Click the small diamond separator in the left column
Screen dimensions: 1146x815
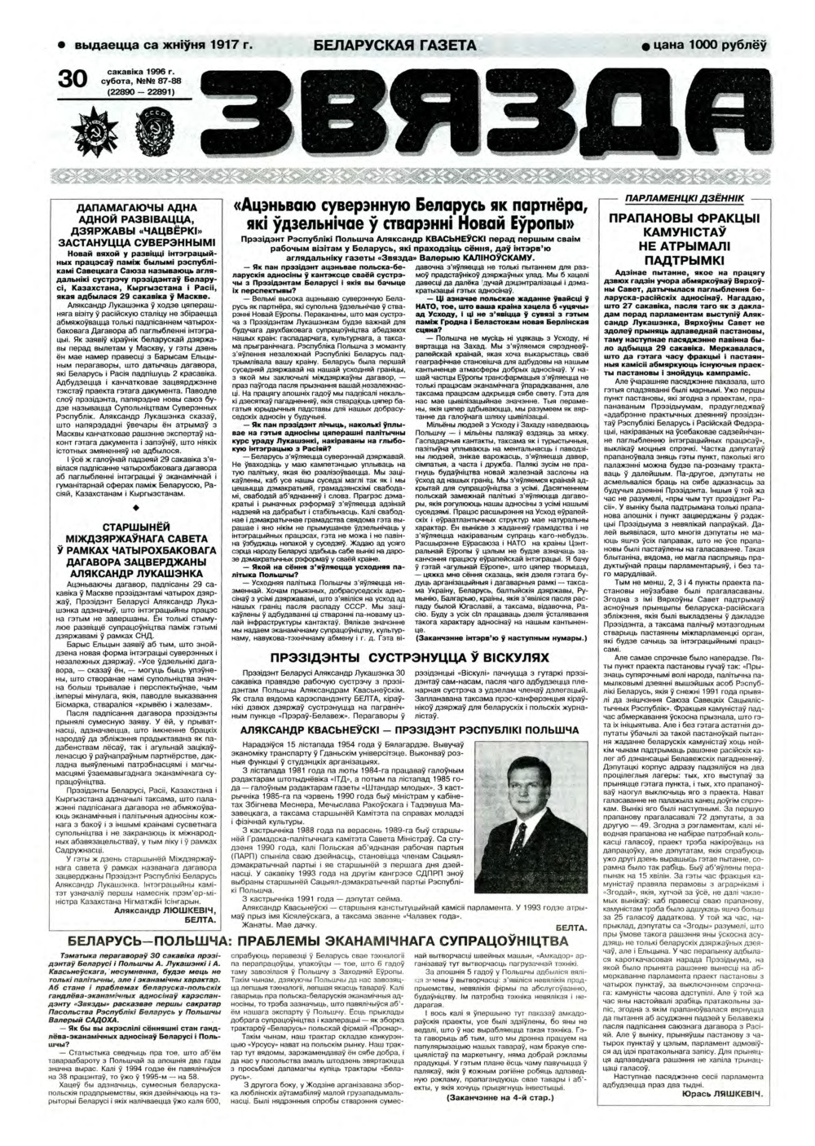coord(135,530)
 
